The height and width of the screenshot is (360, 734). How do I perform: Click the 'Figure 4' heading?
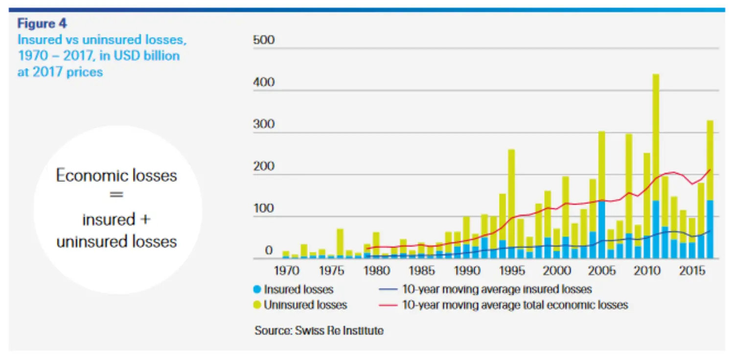pyautogui.click(x=42, y=23)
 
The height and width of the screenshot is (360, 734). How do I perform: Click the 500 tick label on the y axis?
pyautogui.click(x=264, y=40)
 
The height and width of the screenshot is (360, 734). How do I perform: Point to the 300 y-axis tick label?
pyautogui.click(x=264, y=124)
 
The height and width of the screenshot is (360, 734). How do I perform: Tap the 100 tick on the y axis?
pyautogui.click(x=264, y=209)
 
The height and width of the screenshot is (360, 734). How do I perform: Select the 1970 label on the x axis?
pyautogui.click(x=286, y=270)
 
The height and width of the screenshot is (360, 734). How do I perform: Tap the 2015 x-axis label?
pyautogui.click(x=691, y=270)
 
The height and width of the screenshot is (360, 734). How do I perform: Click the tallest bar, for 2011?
pyautogui.click(x=656, y=147)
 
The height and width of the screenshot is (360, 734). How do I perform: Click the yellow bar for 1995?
pyautogui.click(x=511, y=196)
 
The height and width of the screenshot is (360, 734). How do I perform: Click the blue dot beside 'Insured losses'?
pyautogui.click(x=258, y=290)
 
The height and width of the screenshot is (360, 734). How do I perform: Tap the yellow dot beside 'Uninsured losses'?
pyautogui.click(x=258, y=305)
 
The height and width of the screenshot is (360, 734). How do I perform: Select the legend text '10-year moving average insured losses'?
pyautogui.click(x=497, y=289)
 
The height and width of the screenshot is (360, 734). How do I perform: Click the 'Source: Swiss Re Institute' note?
pyautogui.click(x=319, y=330)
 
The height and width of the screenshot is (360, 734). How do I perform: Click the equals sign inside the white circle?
pyautogui.click(x=116, y=195)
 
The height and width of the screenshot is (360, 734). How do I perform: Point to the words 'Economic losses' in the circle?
pyautogui.click(x=116, y=176)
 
